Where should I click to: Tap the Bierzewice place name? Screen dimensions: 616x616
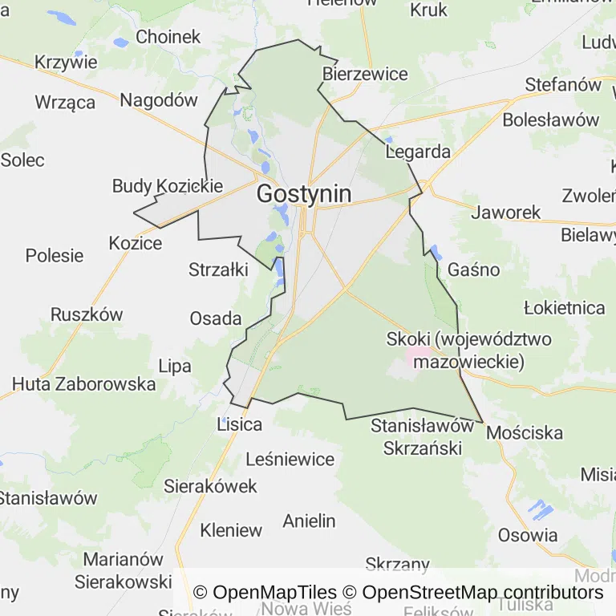[x=365, y=75]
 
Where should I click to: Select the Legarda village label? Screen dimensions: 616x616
[x=418, y=152]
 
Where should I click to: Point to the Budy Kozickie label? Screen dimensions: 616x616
[x=167, y=186]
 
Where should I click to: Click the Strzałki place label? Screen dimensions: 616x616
[x=218, y=269]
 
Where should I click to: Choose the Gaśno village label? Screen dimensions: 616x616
[x=474, y=269]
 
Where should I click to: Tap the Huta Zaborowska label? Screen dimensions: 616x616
[x=84, y=384]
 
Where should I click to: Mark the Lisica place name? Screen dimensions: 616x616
[x=240, y=424]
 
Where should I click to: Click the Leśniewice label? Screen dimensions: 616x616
[x=290, y=460]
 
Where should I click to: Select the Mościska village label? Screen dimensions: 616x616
[x=525, y=433]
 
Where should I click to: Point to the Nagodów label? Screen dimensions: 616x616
[x=159, y=100]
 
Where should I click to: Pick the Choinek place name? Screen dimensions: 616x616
[x=168, y=37]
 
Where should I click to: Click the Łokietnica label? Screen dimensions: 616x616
[x=564, y=308]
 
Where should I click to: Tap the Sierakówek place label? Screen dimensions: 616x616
[x=210, y=486]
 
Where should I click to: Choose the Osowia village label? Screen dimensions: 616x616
[x=528, y=535]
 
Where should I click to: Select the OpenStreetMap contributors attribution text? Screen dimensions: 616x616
[x=482, y=593]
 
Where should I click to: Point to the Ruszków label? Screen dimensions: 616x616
[x=87, y=314]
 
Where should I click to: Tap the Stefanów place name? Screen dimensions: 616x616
[x=563, y=84]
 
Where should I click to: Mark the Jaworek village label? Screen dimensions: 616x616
[x=505, y=213]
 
